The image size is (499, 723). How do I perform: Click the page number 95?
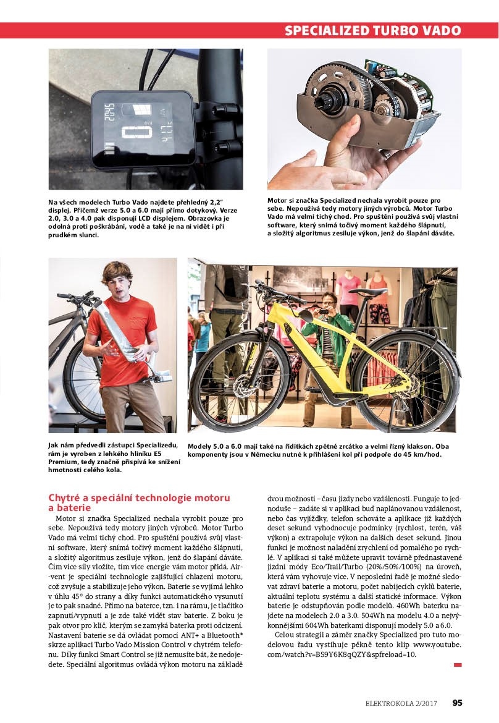(457, 702)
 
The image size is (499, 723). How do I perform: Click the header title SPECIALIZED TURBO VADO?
(372, 30)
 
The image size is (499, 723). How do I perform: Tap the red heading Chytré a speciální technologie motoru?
(139, 497)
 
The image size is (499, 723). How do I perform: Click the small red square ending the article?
(458, 665)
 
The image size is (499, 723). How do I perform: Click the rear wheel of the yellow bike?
(405, 383)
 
